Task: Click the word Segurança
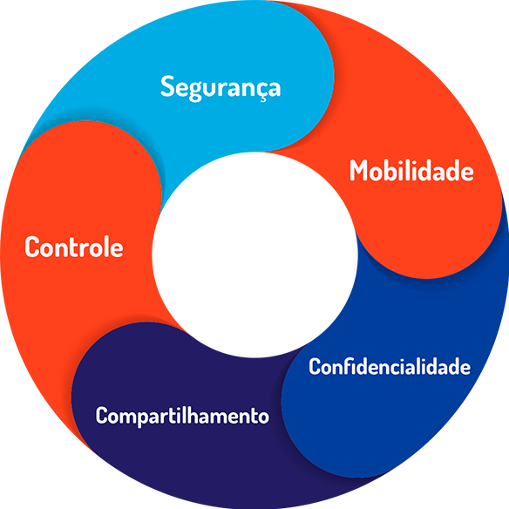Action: (221, 88)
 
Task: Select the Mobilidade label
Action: (411, 171)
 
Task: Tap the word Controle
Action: (74, 247)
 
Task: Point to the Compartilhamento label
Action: (182, 416)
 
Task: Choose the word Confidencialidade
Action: (390, 366)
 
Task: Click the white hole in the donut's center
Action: (254, 254)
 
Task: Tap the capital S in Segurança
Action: (168, 85)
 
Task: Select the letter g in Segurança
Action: (197, 92)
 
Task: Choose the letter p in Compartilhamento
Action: (145, 418)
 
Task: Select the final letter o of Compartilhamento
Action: (263, 417)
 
